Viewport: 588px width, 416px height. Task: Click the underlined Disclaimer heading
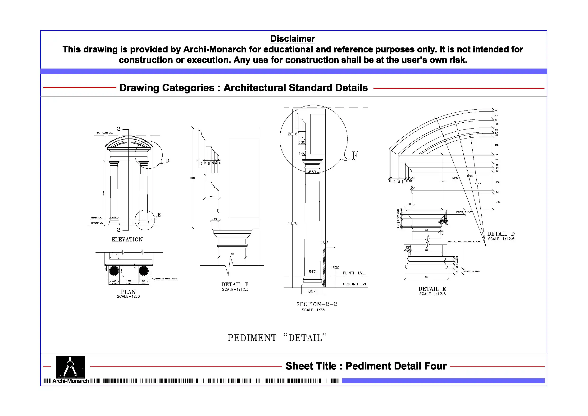click(292, 39)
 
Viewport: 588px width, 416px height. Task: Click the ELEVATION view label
click(127, 239)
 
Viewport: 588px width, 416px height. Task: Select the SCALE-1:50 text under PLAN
click(128, 296)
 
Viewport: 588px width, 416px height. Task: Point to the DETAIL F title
click(235, 285)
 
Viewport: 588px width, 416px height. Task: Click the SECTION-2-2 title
click(317, 304)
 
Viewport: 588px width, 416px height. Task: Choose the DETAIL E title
click(432, 289)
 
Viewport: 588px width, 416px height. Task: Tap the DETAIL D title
click(501, 234)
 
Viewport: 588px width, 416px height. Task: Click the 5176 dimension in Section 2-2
click(292, 223)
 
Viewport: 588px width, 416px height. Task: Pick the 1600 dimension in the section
click(335, 268)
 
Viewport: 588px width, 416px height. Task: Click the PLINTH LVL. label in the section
click(354, 273)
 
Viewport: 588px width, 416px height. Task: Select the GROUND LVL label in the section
click(355, 284)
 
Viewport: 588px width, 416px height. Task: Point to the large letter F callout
click(355, 156)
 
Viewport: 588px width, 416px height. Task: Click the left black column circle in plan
click(114, 271)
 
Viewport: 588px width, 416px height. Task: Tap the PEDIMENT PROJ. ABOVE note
click(166, 279)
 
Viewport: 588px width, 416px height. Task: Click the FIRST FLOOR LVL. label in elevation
click(104, 133)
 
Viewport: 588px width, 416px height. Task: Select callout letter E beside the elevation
click(159, 215)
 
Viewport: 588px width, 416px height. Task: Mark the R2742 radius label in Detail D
click(455, 178)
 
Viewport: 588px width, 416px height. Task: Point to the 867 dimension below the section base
click(312, 291)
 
